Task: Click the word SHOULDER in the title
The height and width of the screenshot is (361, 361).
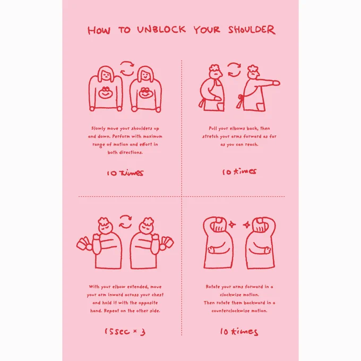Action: tap(252, 30)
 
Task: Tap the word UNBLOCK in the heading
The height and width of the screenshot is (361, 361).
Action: tap(161, 30)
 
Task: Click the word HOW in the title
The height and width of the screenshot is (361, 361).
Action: tap(99, 30)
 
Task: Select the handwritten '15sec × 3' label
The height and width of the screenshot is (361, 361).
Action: tap(125, 331)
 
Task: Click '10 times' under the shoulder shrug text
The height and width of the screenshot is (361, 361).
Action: tap(125, 173)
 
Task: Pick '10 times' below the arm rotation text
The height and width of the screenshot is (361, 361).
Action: tap(239, 331)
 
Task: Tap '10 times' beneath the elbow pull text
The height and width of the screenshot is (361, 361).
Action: tap(239, 171)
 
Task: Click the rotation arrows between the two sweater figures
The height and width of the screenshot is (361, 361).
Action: tap(127, 68)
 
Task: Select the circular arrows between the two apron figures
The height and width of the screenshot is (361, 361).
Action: tap(234, 70)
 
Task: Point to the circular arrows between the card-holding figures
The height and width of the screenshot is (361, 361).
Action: tap(125, 222)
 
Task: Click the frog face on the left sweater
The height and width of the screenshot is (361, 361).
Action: tap(105, 92)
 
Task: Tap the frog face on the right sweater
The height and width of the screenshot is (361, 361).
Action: tap(145, 92)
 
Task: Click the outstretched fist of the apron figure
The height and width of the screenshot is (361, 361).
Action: tap(276, 83)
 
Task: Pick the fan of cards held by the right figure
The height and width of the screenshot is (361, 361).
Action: tap(167, 243)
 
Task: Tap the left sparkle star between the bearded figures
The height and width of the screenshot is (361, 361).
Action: tap(232, 224)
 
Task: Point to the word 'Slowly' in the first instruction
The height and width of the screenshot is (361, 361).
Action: tap(98, 128)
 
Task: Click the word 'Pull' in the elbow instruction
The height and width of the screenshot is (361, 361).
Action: tap(213, 128)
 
